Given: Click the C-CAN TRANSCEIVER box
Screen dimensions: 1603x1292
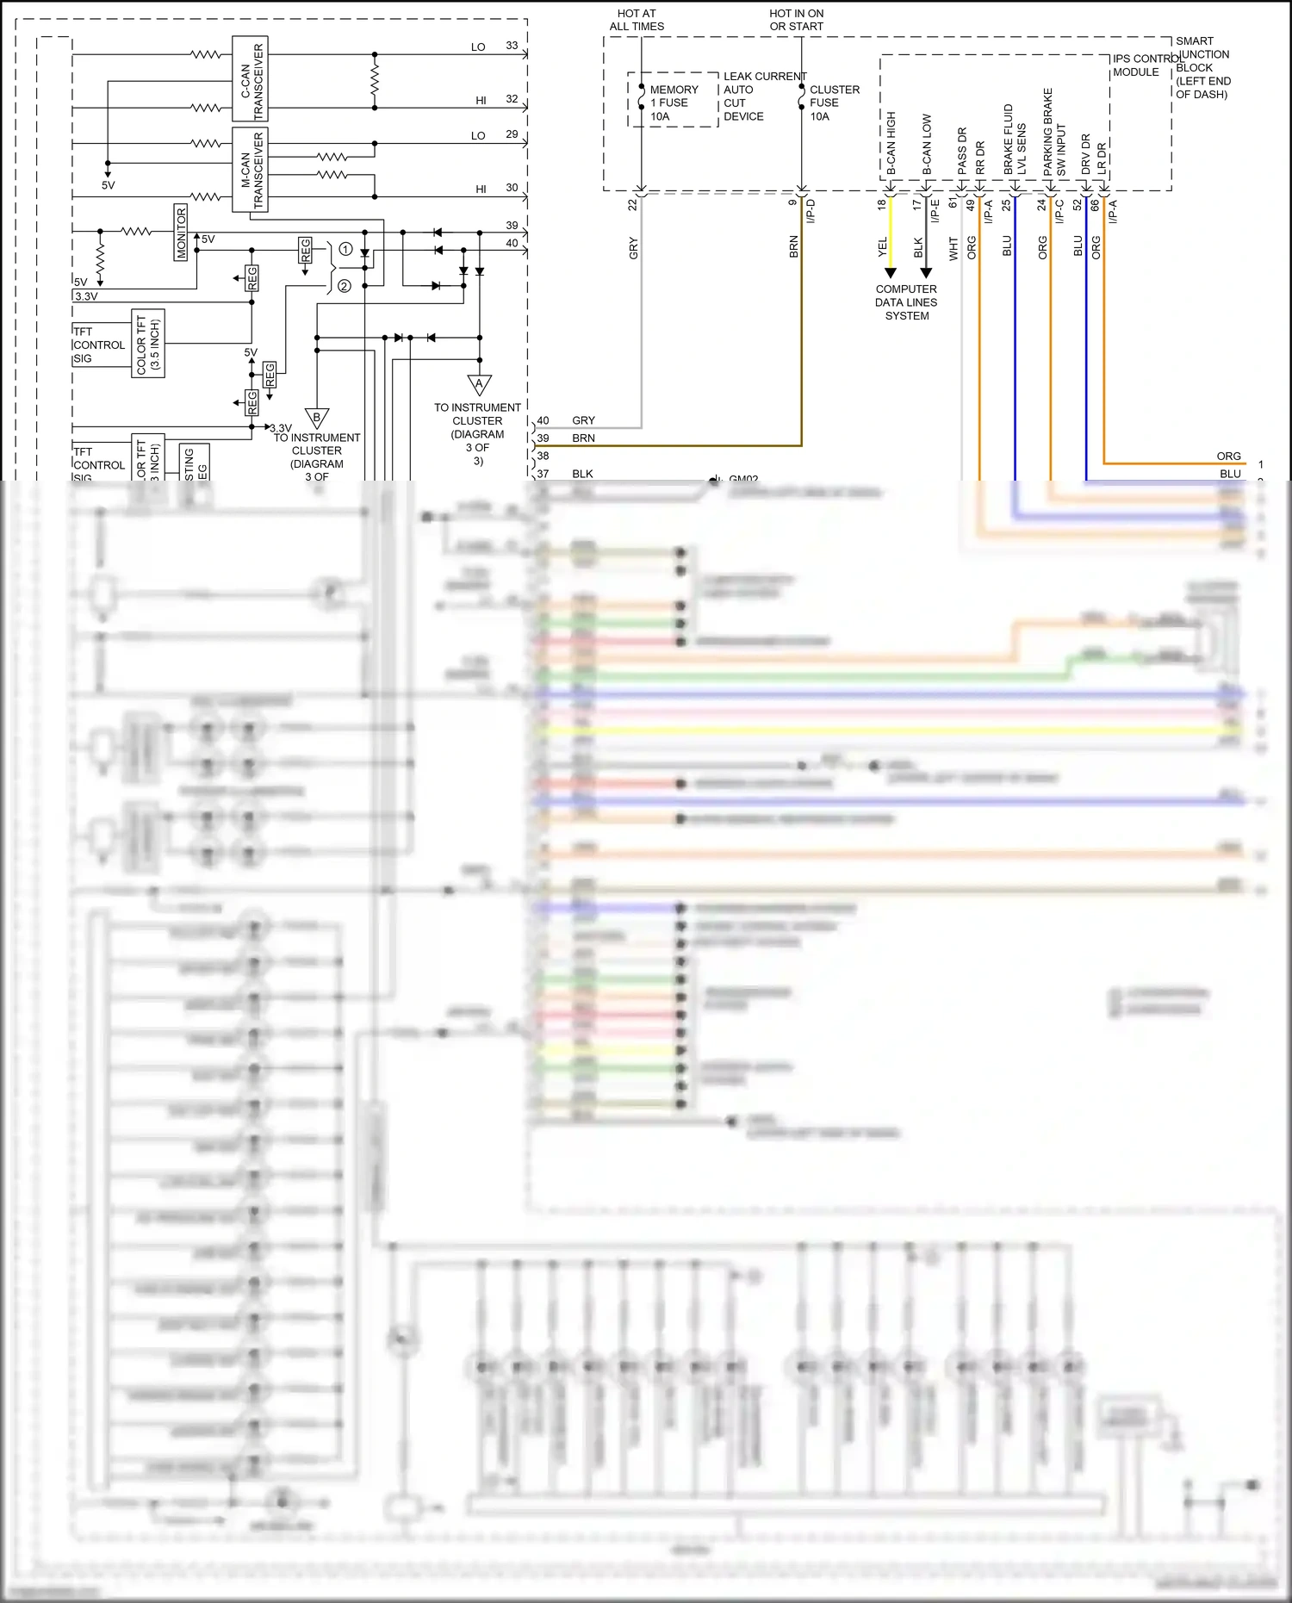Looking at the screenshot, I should click(250, 78).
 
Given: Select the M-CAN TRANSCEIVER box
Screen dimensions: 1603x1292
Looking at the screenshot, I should click(250, 170).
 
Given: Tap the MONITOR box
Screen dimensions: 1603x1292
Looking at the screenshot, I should click(181, 232).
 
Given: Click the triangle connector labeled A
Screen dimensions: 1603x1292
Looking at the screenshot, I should click(479, 383).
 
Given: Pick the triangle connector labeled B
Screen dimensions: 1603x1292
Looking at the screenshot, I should click(316, 418).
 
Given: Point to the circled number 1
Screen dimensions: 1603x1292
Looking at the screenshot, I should click(345, 249).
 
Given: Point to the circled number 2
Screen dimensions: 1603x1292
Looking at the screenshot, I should click(345, 286).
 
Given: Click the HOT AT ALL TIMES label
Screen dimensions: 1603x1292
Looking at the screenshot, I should click(637, 20).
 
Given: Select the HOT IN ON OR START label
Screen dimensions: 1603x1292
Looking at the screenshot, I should click(796, 20).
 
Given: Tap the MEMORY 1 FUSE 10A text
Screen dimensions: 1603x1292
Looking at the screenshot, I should click(674, 103).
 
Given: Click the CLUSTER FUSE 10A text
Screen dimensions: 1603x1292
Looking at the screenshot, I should click(834, 103).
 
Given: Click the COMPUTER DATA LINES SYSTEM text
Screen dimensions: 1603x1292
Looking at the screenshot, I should click(906, 302).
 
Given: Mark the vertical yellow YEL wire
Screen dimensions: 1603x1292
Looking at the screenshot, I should click(891, 233).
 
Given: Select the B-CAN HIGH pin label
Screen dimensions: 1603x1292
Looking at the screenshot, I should click(891, 143).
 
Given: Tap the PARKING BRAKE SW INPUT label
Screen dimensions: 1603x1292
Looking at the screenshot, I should click(1054, 133).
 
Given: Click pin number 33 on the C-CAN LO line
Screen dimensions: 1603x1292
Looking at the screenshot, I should click(512, 46).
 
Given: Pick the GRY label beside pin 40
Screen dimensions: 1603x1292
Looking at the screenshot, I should click(583, 420).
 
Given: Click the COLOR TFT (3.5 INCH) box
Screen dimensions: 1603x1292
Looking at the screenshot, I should click(148, 344).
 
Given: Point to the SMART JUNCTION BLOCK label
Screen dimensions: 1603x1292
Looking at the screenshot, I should click(1202, 67).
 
